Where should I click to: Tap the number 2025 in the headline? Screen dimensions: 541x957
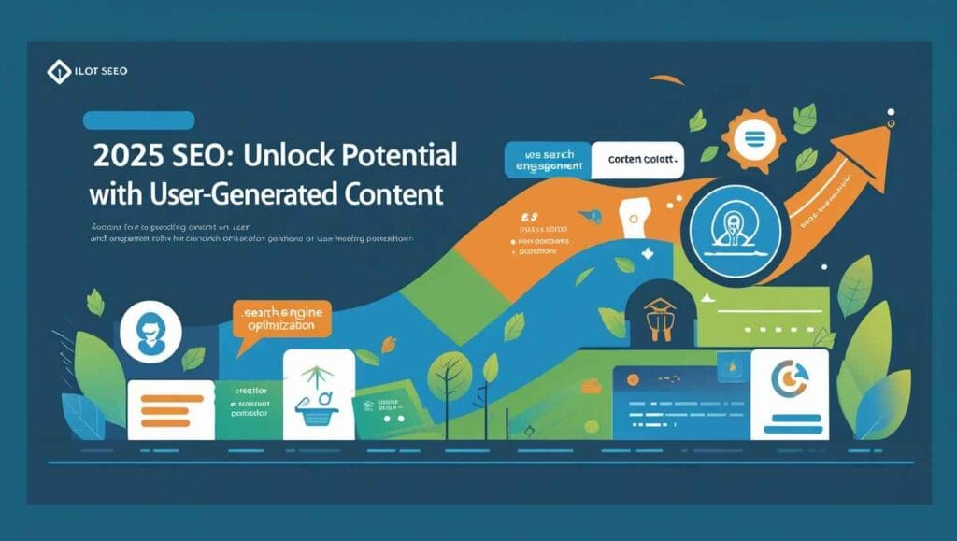click(130, 156)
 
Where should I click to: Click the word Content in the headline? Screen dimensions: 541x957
click(391, 195)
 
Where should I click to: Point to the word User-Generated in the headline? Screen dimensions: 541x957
click(237, 195)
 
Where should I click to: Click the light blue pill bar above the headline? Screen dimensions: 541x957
click(138, 120)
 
